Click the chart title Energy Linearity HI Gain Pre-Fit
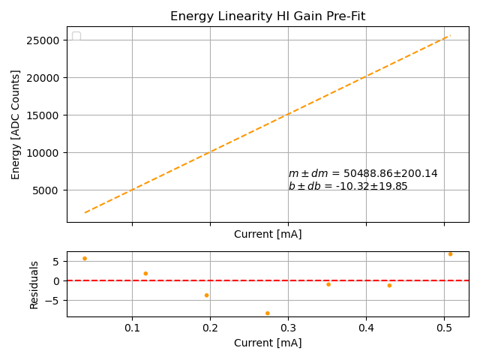268,16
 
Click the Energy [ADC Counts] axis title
16,124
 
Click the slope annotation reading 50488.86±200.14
363,174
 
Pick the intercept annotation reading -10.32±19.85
348,187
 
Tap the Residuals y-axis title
34,285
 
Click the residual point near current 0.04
85,259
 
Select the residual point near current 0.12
145,274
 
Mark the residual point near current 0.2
207,295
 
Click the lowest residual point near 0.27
268,313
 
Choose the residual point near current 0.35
328,284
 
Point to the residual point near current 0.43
389,286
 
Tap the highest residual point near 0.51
450,254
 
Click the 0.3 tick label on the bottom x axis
288,328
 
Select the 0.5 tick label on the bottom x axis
444,328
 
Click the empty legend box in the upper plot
76,37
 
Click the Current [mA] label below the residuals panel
268,343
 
